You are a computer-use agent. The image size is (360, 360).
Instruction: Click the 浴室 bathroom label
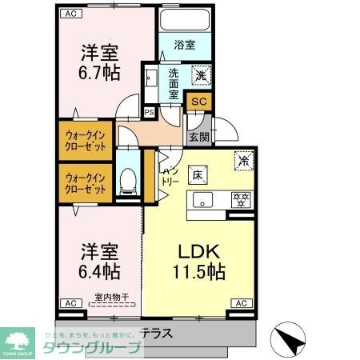click(186, 45)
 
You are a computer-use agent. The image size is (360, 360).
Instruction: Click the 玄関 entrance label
click(198, 137)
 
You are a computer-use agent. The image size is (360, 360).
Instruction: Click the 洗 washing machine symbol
click(202, 75)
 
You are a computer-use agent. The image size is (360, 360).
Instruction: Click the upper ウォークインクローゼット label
click(86, 141)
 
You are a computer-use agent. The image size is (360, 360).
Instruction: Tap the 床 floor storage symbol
click(196, 174)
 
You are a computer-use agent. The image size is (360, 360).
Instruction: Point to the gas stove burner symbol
click(238, 200)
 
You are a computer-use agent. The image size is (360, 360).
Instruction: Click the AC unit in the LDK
click(241, 302)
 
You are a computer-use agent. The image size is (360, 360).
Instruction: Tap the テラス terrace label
click(158, 332)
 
